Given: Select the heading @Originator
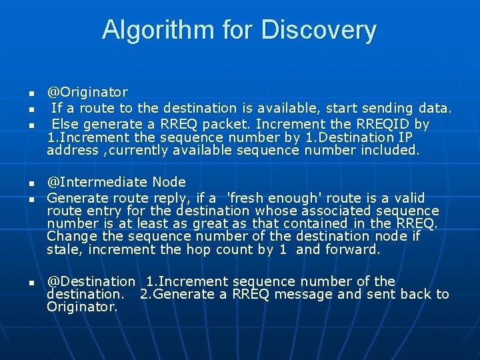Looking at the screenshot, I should pos(87,92).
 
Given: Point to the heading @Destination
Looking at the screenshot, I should pos(91,281).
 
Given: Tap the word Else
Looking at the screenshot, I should pos(65,124).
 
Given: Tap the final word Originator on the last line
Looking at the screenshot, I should pos(82,307).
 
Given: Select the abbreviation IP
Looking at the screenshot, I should pos(404,137).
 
